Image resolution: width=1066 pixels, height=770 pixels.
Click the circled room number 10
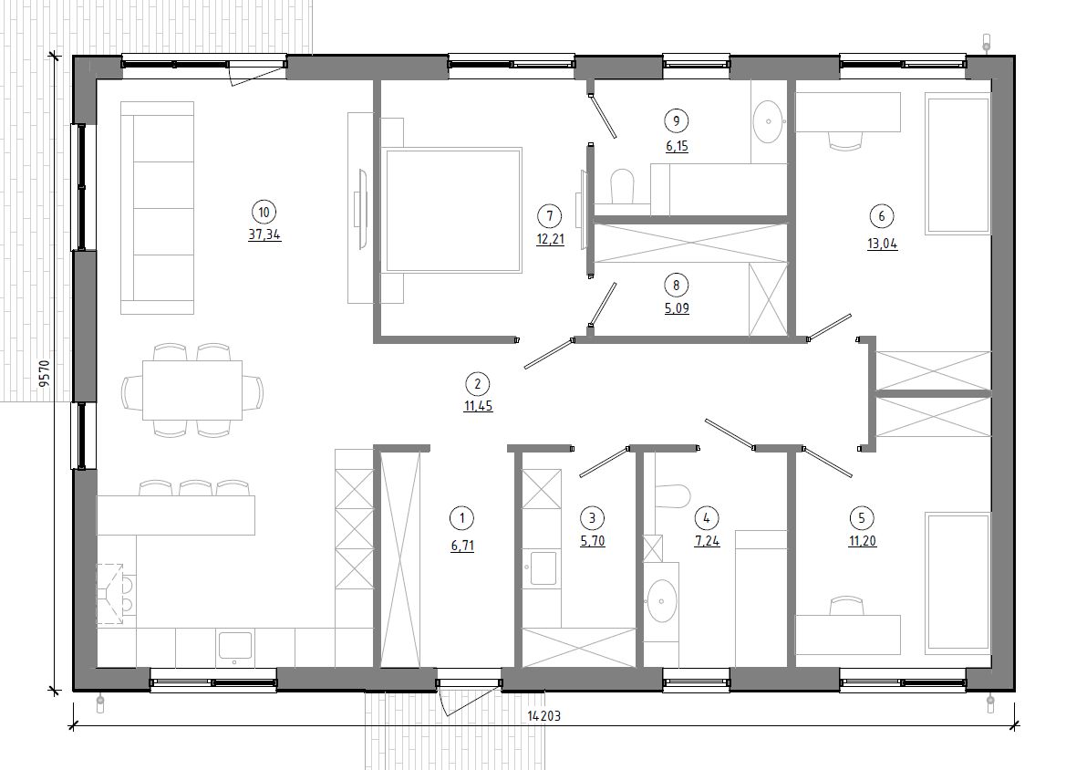point(264,213)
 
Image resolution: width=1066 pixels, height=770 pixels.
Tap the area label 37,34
point(264,235)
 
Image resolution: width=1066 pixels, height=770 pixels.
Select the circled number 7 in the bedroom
point(549,216)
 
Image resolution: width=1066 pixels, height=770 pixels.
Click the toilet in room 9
point(621,186)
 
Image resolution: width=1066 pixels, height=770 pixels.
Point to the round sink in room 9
point(769,121)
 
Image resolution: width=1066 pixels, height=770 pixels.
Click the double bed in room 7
point(451,210)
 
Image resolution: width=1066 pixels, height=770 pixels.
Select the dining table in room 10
point(192,390)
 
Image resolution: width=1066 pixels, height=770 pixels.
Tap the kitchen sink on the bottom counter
point(234,647)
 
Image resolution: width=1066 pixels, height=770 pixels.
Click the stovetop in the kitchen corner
point(116,594)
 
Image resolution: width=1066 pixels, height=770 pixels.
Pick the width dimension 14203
point(543,715)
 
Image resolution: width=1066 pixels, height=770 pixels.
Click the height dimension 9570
point(44,373)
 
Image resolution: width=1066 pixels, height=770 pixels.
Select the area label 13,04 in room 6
point(883,245)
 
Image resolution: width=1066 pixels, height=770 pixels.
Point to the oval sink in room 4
point(661,601)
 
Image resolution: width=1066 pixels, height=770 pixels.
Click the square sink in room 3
point(543,568)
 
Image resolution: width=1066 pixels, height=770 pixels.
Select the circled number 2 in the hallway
point(477,384)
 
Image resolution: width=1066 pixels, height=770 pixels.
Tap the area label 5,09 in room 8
point(677,308)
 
